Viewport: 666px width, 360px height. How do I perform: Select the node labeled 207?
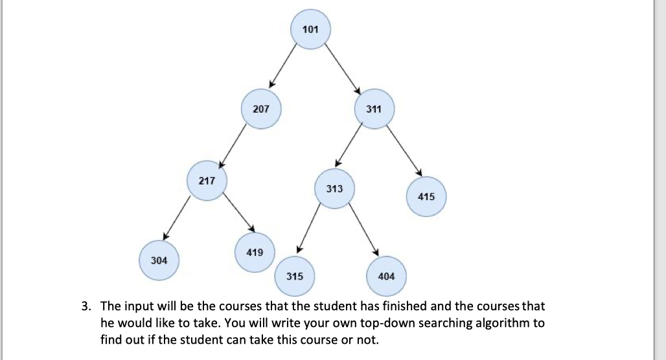pos(260,109)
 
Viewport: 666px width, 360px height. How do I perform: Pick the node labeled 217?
pos(207,181)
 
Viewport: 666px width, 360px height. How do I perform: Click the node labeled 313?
pos(334,189)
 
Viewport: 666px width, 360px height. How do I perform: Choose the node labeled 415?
pos(426,197)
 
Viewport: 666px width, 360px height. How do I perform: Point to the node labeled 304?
pos(159,260)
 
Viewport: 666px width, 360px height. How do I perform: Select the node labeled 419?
pos(255,252)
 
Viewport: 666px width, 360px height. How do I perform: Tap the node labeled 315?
pos(294,276)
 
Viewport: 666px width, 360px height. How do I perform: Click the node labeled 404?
pos(385,276)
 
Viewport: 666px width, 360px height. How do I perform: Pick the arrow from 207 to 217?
pos(235,144)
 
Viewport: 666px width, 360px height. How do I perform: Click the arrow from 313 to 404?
pos(362,230)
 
